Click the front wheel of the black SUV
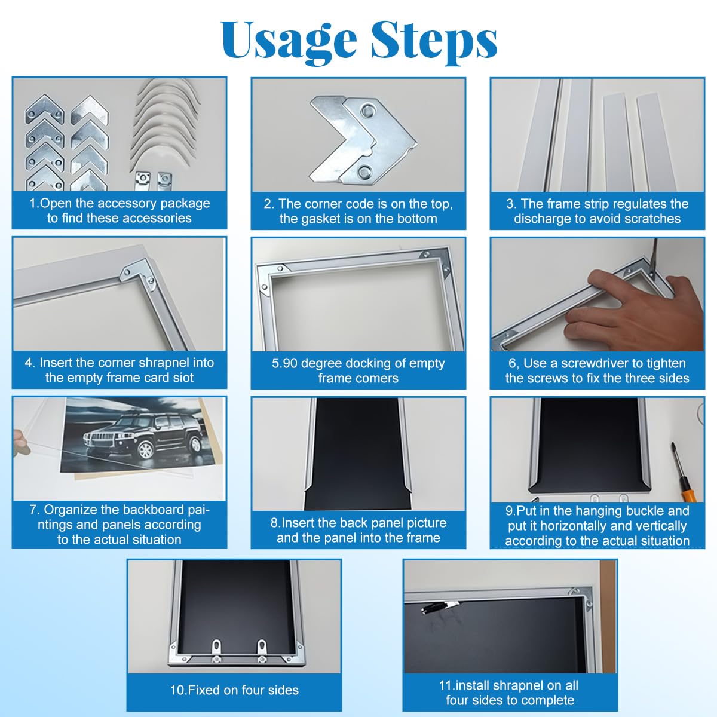(145, 450)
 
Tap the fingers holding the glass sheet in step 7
(20, 443)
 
